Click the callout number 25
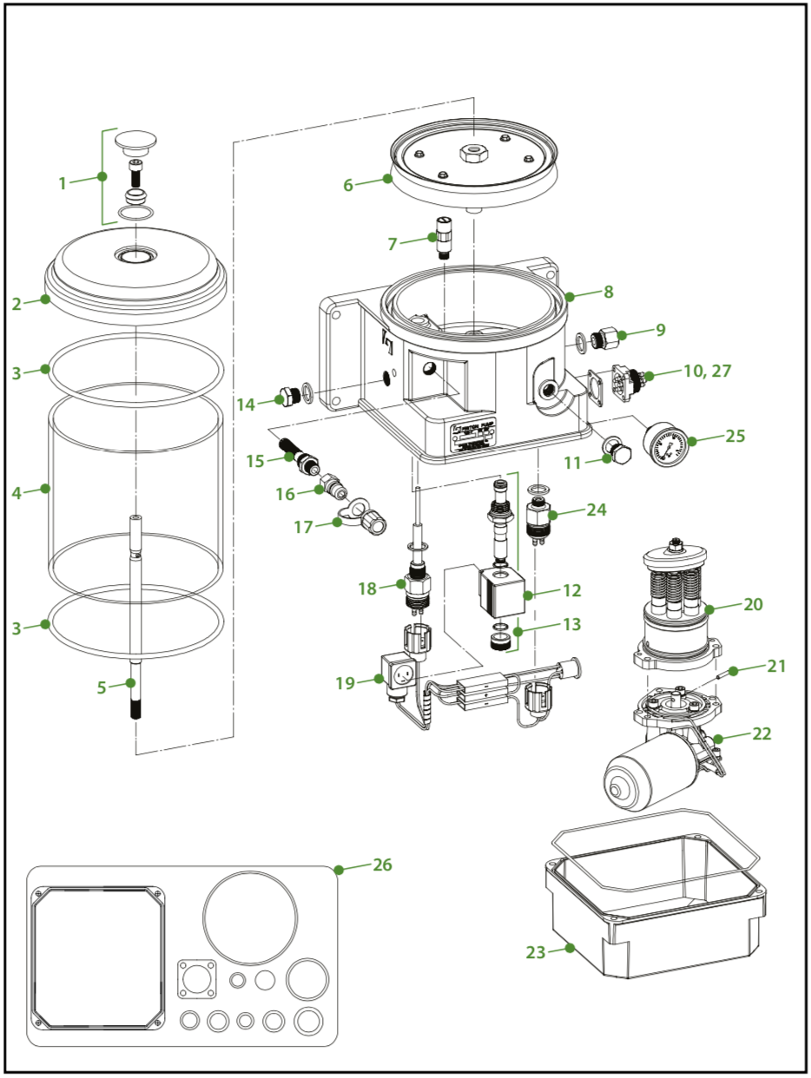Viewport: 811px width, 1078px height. tap(735, 435)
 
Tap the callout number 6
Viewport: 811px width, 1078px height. tap(348, 184)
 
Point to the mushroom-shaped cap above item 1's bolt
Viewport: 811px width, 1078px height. tap(136, 140)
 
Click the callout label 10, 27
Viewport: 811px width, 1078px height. tap(707, 371)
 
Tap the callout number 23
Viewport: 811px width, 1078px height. tap(535, 951)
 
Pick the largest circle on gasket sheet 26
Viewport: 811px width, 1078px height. tap(250, 918)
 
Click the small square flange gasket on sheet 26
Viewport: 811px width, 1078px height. tap(196, 979)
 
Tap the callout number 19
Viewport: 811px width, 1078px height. tap(346, 682)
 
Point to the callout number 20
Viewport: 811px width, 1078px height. tap(752, 604)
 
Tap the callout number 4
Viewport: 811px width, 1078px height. tap(16, 492)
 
